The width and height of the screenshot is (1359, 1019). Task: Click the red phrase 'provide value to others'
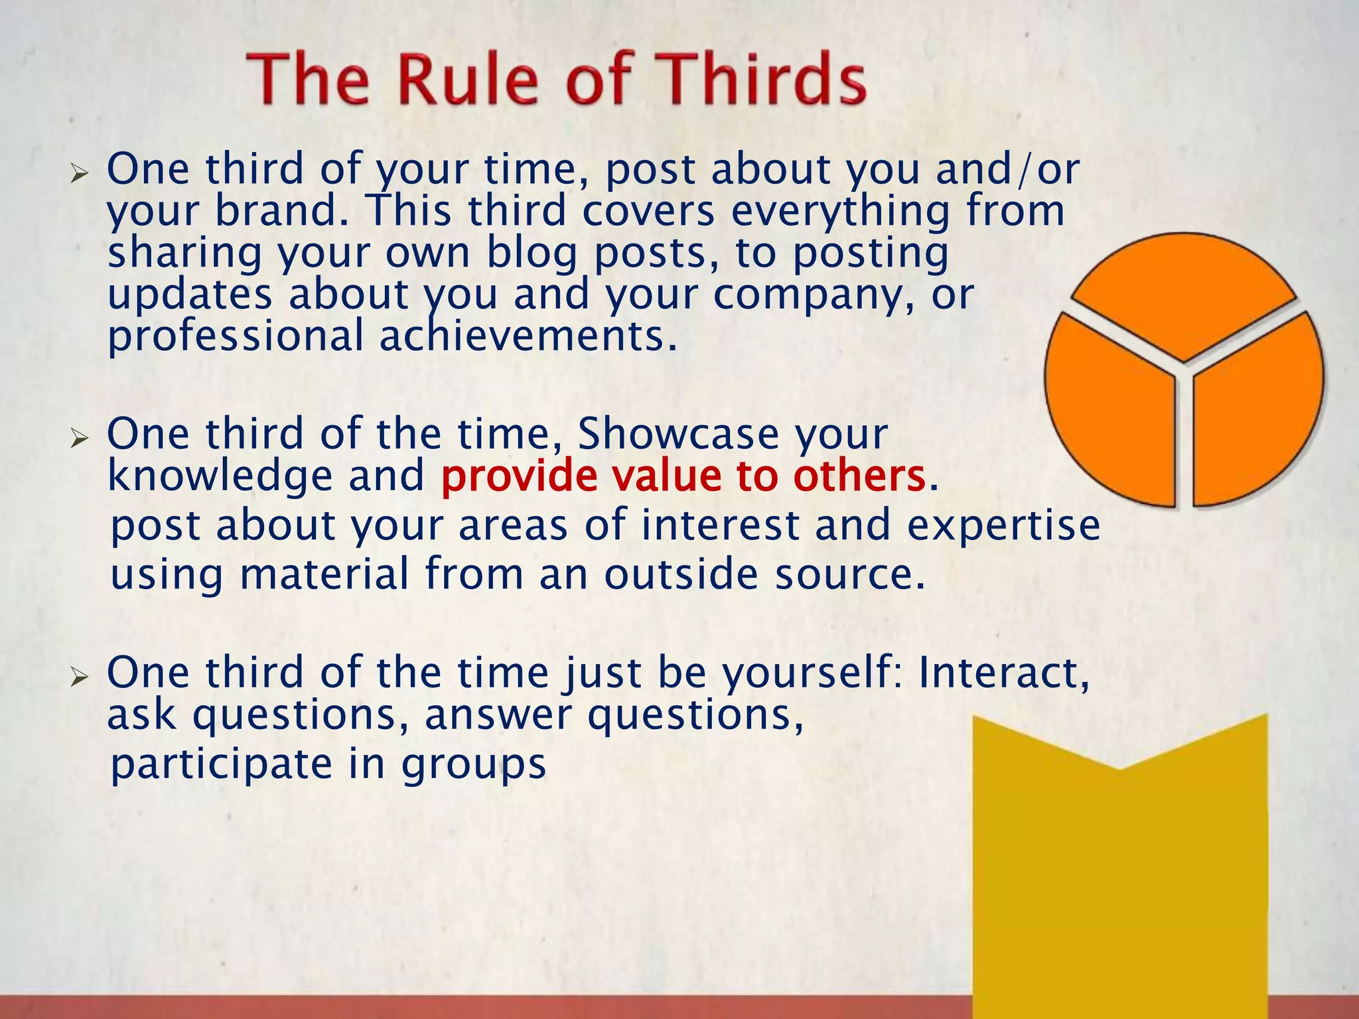click(x=683, y=476)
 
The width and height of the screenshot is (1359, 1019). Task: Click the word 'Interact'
click(x=1003, y=673)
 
